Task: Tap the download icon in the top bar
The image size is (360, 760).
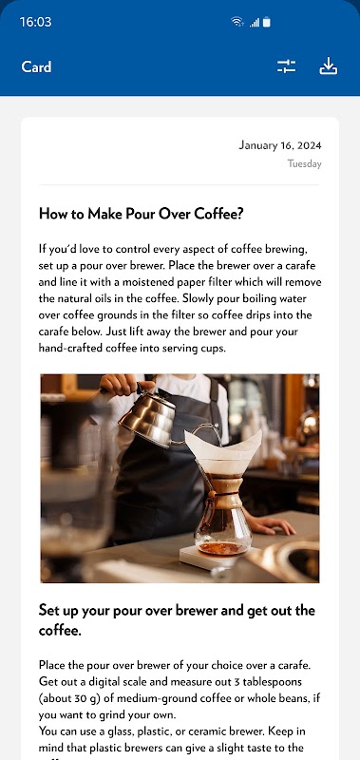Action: (x=328, y=66)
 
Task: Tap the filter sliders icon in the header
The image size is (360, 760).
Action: (x=286, y=66)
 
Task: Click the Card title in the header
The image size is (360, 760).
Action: (x=36, y=66)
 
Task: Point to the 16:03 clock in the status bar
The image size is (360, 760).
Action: (x=35, y=22)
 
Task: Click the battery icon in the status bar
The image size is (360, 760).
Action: (x=267, y=22)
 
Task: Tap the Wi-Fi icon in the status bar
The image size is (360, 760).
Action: (x=237, y=22)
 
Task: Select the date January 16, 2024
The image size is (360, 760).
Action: (x=280, y=145)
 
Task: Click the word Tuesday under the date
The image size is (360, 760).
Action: (x=305, y=163)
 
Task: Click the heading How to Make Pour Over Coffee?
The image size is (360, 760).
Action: (x=141, y=214)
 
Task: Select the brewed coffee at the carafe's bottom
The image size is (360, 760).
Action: (x=220, y=547)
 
